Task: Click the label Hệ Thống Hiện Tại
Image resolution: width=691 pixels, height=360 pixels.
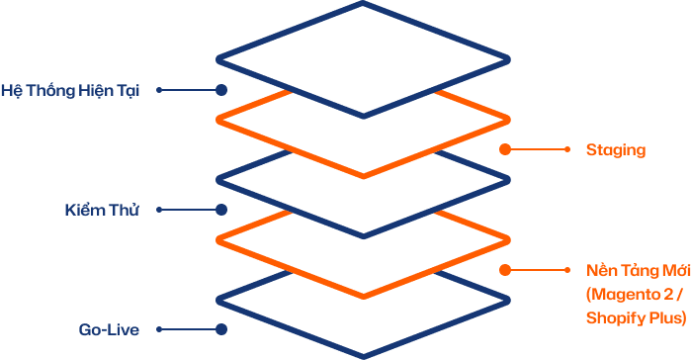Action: coord(70,91)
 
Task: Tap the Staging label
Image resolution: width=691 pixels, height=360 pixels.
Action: coord(616,150)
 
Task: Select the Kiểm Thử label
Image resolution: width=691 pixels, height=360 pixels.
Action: coord(102,210)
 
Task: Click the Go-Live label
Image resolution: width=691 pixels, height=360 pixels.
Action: coord(109,329)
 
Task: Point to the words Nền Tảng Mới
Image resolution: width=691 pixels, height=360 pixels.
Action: coord(639,270)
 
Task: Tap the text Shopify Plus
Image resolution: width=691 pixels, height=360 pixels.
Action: coord(634,317)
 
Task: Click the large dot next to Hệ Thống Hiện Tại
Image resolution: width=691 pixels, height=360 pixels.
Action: coord(221,90)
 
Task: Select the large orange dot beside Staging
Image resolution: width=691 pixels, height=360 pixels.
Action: coord(505,149)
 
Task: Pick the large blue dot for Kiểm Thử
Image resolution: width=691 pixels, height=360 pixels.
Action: coord(221,210)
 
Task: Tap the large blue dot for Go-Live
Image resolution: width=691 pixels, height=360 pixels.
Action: coord(221,329)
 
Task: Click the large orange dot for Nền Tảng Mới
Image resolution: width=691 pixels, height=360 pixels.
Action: coord(505,270)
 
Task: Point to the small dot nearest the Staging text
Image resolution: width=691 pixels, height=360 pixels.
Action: coord(567,149)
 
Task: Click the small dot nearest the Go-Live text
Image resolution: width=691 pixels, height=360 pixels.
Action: coord(159,329)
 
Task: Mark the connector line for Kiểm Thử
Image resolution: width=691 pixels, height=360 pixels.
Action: coord(191,210)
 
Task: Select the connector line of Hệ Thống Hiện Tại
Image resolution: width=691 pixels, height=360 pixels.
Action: coord(191,90)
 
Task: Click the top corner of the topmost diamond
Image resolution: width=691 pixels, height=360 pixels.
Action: coord(363,3)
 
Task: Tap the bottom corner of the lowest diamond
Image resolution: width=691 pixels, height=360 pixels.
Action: coord(363,357)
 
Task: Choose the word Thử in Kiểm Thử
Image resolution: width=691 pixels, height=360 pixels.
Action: coord(125,210)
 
